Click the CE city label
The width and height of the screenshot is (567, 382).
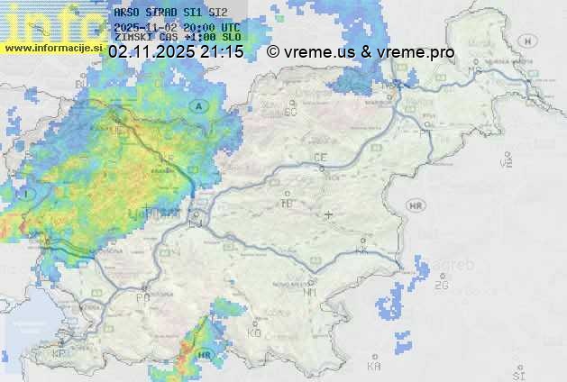tap(320, 158)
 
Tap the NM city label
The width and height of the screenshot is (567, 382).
tap(311, 292)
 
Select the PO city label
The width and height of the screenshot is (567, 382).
tap(142, 297)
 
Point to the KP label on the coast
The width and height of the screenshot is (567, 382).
tap(59, 354)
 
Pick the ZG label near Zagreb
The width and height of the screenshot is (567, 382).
tap(441, 286)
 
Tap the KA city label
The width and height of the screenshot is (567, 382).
tap(374, 367)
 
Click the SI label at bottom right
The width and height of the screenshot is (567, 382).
tap(517, 373)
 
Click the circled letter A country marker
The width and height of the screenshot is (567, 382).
tap(197, 106)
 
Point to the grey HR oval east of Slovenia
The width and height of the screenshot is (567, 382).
tap(416, 206)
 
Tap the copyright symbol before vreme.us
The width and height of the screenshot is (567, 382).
tap(273, 53)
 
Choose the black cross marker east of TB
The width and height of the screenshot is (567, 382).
tap(328, 215)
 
